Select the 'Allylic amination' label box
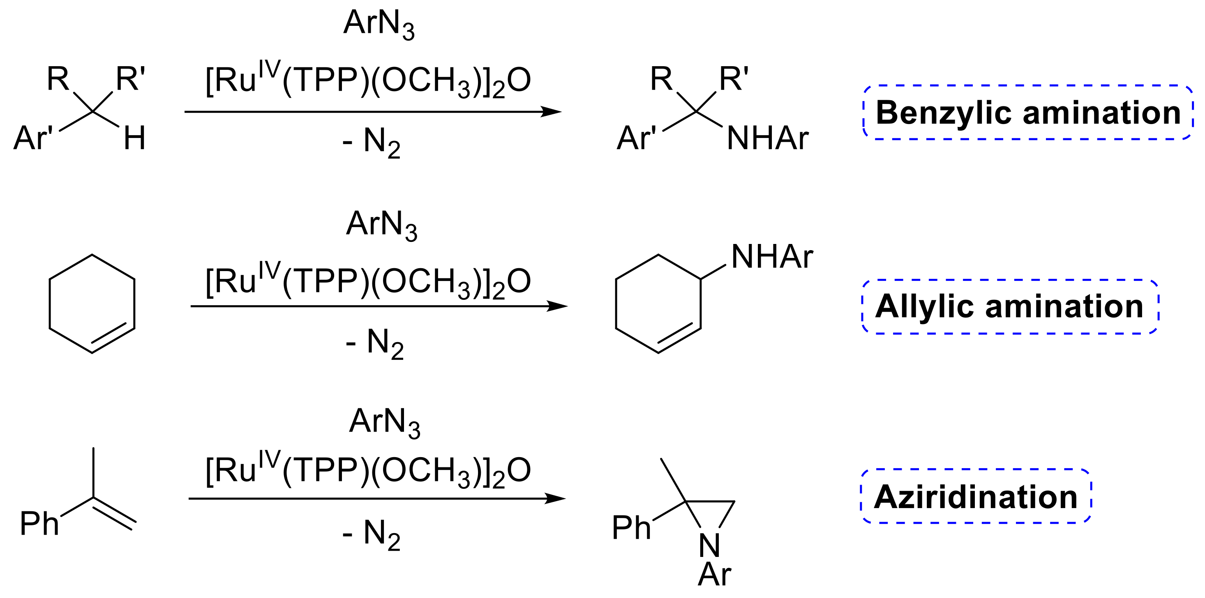pyautogui.click(x=1009, y=307)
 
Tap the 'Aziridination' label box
pyautogui.click(x=976, y=496)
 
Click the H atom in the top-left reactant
pyautogui.click(x=134, y=138)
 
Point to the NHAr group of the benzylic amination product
pyautogui.click(x=768, y=138)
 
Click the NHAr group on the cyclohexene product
pyautogui.click(x=772, y=257)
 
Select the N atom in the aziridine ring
pyautogui.click(x=709, y=545)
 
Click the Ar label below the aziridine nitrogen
pyautogui.click(x=714, y=574)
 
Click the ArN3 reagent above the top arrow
pyautogui.click(x=379, y=23)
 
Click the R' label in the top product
pyautogui.click(x=734, y=78)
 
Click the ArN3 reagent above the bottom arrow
pyautogui.click(x=385, y=422)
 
